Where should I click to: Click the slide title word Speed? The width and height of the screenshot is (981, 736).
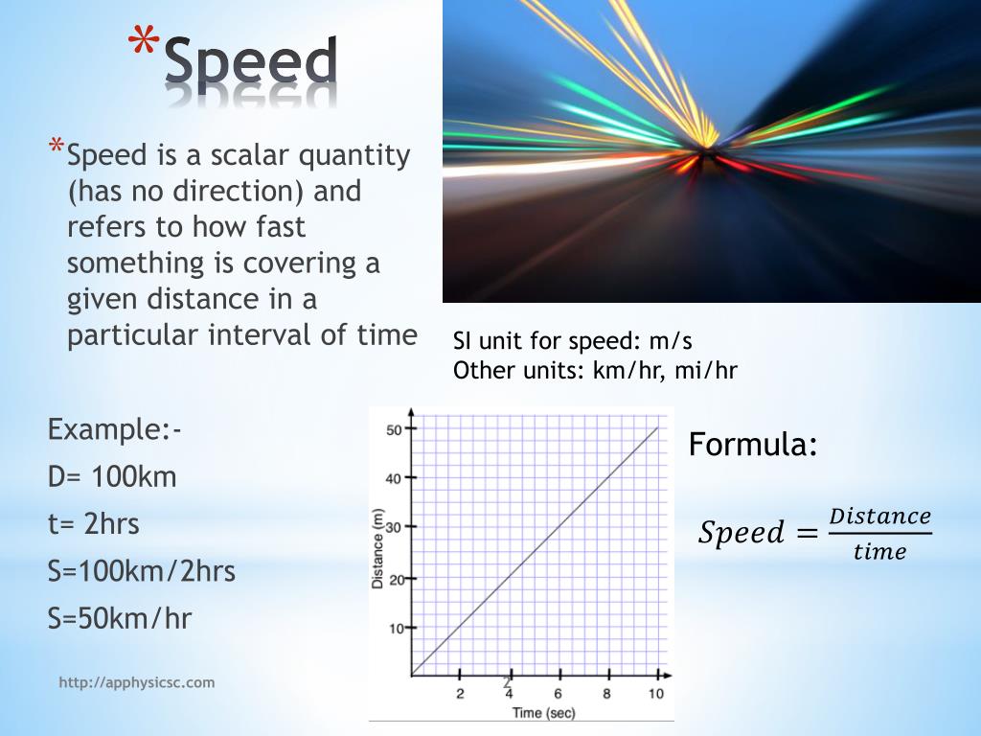[251, 61]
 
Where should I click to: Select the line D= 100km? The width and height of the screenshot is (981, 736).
[112, 476]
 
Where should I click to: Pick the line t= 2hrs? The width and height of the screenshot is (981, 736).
[94, 524]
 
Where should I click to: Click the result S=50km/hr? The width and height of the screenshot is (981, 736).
[120, 618]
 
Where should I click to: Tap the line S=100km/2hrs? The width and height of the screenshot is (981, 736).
[142, 571]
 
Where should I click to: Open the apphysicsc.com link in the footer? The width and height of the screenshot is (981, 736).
[137, 682]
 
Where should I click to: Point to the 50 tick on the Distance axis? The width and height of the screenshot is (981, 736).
[394, 429]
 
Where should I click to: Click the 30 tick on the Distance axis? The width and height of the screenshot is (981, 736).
[394, 528]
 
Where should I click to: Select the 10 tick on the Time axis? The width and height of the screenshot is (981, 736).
[655, 693]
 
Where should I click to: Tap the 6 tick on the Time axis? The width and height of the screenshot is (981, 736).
[558, 693]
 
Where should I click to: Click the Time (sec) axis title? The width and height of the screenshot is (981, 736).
[543, 712]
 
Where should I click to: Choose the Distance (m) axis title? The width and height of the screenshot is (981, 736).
[379, 548]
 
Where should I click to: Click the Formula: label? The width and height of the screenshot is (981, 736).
[753, 445]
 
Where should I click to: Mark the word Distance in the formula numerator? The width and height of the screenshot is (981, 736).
[879, 517]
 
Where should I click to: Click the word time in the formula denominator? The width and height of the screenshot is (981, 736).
[879, 551]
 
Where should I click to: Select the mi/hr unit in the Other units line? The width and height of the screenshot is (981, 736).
[707, 370]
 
